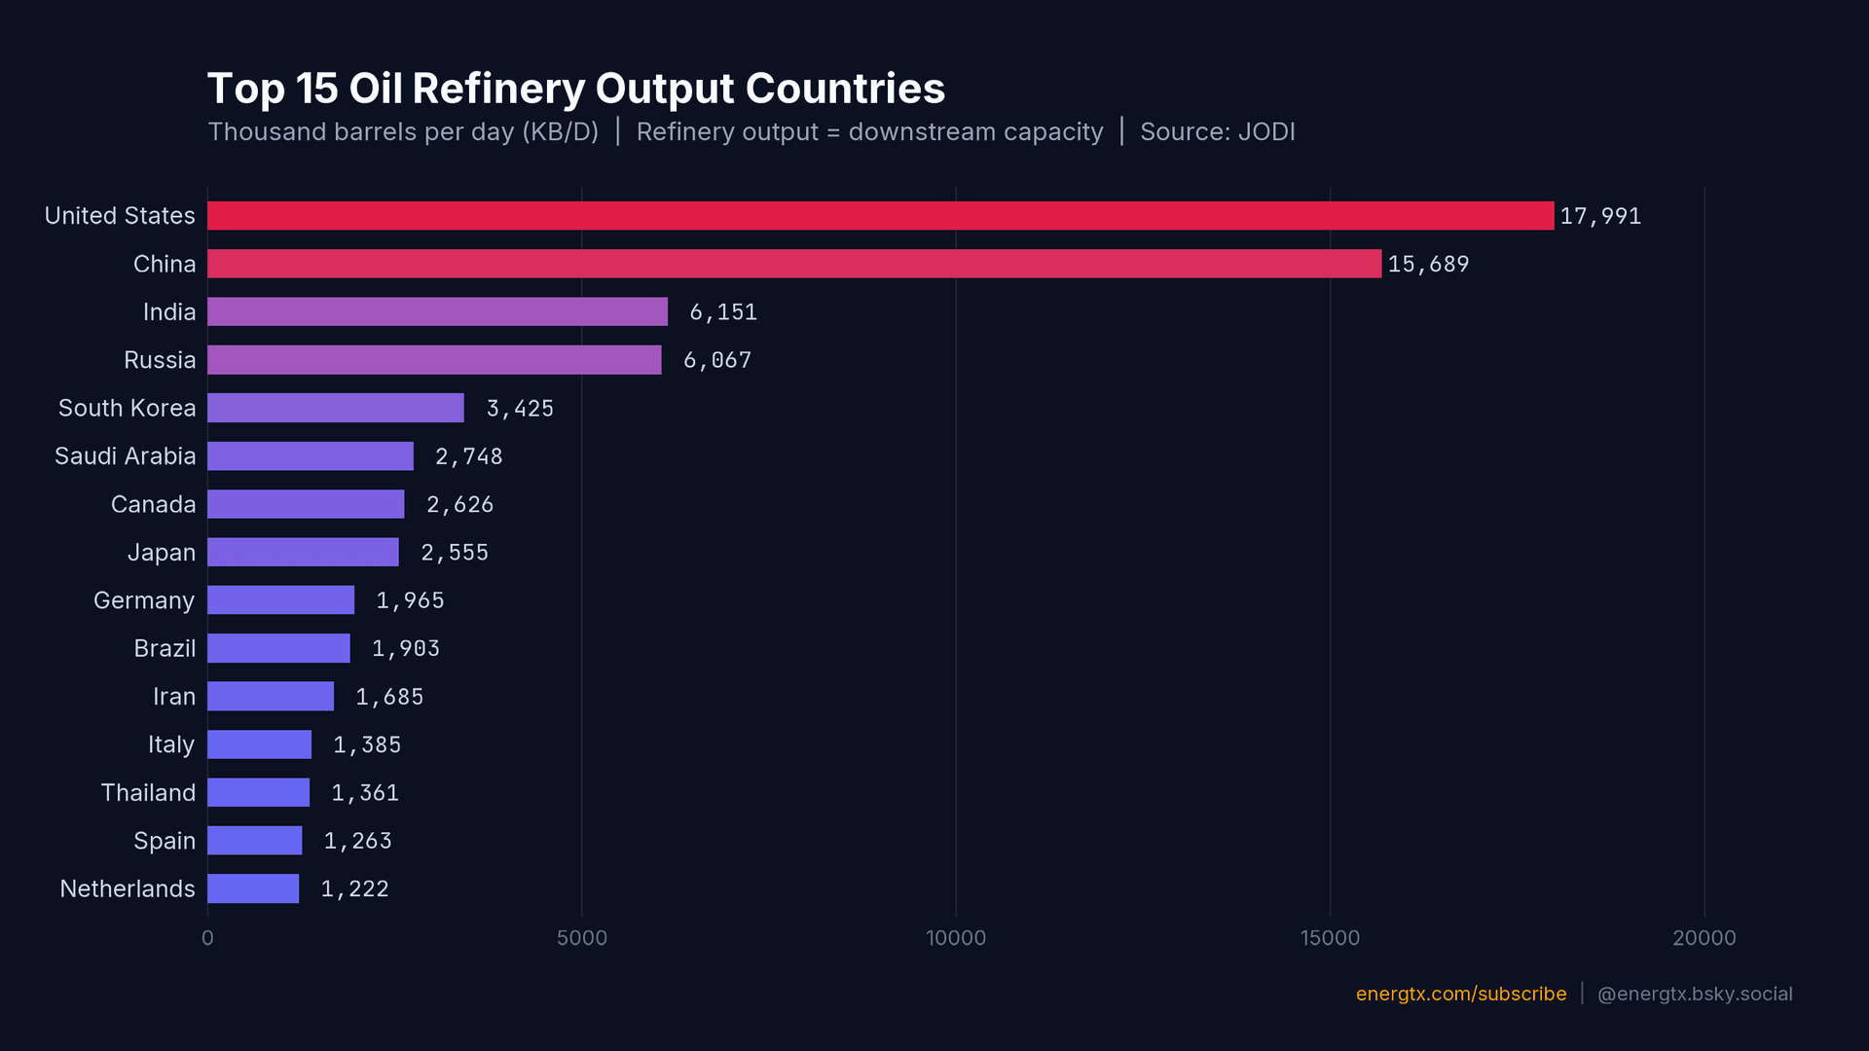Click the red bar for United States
[880, 216]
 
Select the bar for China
[793, 264]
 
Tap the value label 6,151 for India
[723, 312]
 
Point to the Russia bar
[434, 360]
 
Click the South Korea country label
[127, 408]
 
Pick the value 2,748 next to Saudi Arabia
[469, 456]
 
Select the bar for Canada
[306, 504]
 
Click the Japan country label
[162, 553]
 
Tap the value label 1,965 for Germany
[410, 600]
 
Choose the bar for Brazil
[278, 648]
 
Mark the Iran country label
[174, 697]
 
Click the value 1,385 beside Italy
[367, 744]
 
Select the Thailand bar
[258, 792]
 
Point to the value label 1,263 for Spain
[357, 841]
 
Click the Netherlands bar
[253, 888]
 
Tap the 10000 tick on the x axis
[955, 938]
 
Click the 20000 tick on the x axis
[1704, 938]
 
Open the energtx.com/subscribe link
[1460, 994]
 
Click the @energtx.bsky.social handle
[1694, 994]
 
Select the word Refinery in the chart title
[497, 90]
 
